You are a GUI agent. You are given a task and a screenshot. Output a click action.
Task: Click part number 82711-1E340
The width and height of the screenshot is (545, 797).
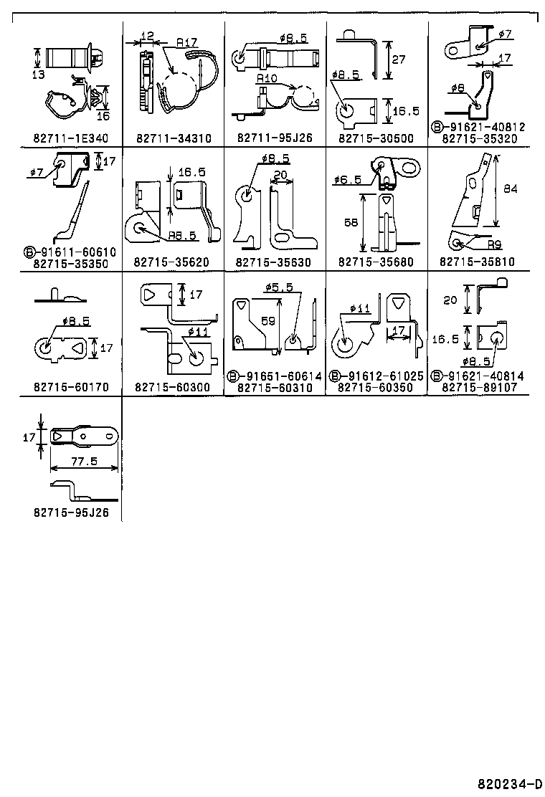point(70,138)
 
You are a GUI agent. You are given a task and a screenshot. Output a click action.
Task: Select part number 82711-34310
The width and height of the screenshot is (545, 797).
point(173,138)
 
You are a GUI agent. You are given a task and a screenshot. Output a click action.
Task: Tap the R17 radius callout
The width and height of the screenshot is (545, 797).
point(187,43)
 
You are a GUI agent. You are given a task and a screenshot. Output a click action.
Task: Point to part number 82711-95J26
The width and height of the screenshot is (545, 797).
point(275,138)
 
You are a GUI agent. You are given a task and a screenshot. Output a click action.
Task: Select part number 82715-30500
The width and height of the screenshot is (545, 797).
point(376,138)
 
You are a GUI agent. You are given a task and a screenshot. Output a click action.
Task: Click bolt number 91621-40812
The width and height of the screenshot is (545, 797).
point(482,128)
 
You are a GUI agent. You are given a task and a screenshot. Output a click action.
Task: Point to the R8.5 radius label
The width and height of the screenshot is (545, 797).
point(182,234)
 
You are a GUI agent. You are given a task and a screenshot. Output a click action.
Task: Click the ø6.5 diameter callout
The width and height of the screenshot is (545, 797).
point(348,180)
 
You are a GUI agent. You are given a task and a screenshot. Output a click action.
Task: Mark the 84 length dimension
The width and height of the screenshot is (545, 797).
point(511,189)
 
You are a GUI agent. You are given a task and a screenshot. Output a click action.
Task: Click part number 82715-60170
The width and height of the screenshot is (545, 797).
point(70,387)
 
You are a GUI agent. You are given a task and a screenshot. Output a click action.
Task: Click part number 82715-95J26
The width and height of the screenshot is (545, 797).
point(70,512)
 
